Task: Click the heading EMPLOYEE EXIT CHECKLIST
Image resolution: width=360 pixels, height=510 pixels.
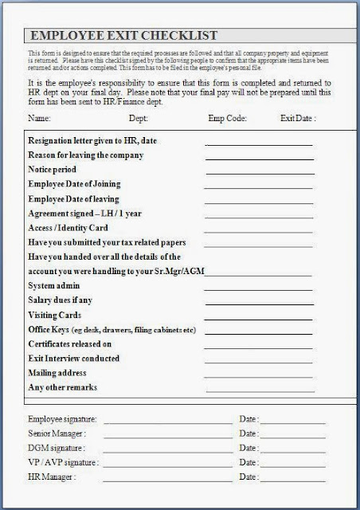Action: pyautogui.click(x=123, y=36)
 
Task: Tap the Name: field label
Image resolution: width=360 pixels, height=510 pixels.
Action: pyautogui.click(x=39, y=119)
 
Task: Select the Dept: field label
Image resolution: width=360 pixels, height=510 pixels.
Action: pyautogui.click(x=139, y=119)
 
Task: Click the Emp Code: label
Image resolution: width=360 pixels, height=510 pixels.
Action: pyautogui.click(x=228, y=119)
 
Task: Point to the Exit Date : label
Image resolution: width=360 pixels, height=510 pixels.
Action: pyautogui.click(x=299, y=119)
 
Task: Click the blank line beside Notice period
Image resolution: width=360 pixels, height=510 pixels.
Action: pyautogui.click(x=260, y=172)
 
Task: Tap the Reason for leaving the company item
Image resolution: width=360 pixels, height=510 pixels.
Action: pyautogui.click(x=85, y=155)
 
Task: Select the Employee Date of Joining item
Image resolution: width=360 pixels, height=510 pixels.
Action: pyautogui.click(x=75, y=184)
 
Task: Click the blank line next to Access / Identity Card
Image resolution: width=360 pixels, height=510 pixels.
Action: pyautogui.click(x=258, y=229)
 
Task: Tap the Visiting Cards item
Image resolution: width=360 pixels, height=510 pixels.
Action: pyautogui.click(x=57, y=316)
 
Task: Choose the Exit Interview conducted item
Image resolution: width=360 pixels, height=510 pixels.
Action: pyautogui.click(x=74, y=359)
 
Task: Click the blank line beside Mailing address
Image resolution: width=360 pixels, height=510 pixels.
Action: pyautogui.click(x=258, y=375)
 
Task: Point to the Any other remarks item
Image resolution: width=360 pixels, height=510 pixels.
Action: pyautogui.click(x=62, y=387)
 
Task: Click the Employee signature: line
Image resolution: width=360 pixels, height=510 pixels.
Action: pyautogui.click(x=168, y=422)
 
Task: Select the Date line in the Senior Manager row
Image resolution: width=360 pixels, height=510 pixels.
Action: pyautogui.click(x=292, y=436)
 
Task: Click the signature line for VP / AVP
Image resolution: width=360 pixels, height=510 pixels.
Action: pyautogui.click(x=168, y=465)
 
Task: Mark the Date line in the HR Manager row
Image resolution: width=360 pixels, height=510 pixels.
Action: pyautogui.click(x=292, y=479)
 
